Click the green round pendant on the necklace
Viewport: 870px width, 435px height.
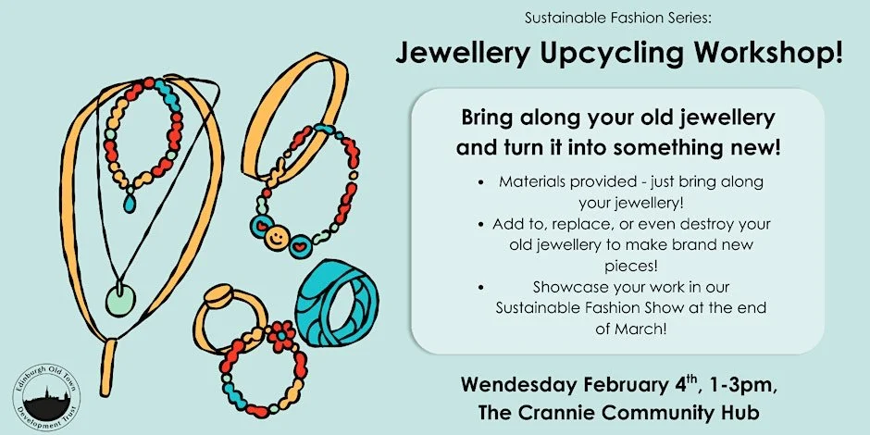(x=119, y=299)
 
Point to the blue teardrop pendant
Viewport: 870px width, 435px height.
(x=130, y=201)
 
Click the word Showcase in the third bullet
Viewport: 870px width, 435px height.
(x=566, y=287)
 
